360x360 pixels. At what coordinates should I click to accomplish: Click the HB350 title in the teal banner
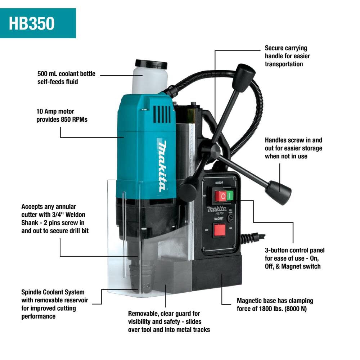pos(32,23)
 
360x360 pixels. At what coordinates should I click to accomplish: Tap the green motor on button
pos(229,196)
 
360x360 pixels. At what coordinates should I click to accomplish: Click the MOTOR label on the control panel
pos(219,183)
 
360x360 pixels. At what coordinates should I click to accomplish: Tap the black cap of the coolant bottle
pos(151,65)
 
